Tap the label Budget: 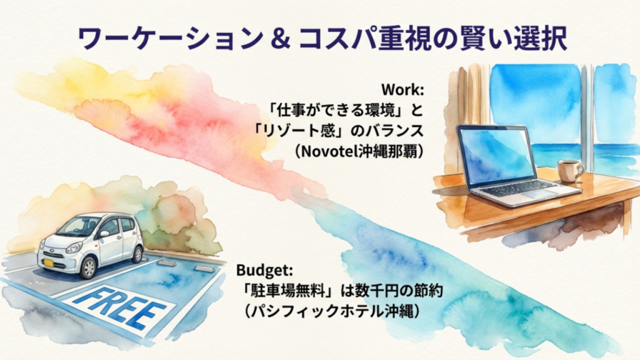click(x=264, y=271)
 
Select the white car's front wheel click(x=89, y=267)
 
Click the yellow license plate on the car click(x=48, y=262)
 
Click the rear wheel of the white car click(x=137, y=254)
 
